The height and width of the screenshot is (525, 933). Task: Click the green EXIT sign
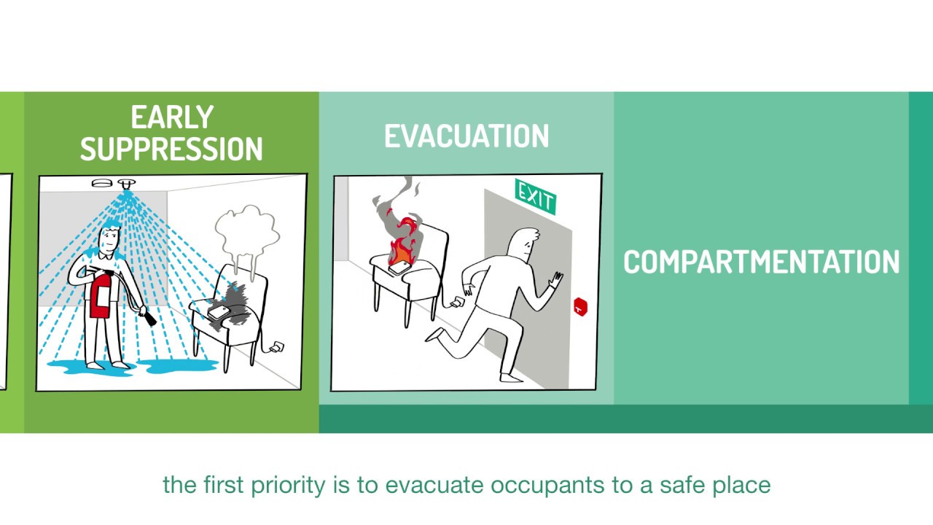pyautogui.click(x=535, y=196)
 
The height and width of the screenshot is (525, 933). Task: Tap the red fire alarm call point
pyautogui.click(x=580, y=307)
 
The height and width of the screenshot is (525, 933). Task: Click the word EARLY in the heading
pyautogui.click(x=171, y=118)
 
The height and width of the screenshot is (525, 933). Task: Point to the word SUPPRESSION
pyautogui.click(x=171, y=149)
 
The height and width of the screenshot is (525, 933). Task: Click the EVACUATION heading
pyautogui.click(x=466, y=137)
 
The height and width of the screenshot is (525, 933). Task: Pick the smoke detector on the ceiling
pyautogui.click(x=101, y=183)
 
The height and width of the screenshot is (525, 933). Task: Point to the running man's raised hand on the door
pyautogui.click(x=557, y=280)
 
